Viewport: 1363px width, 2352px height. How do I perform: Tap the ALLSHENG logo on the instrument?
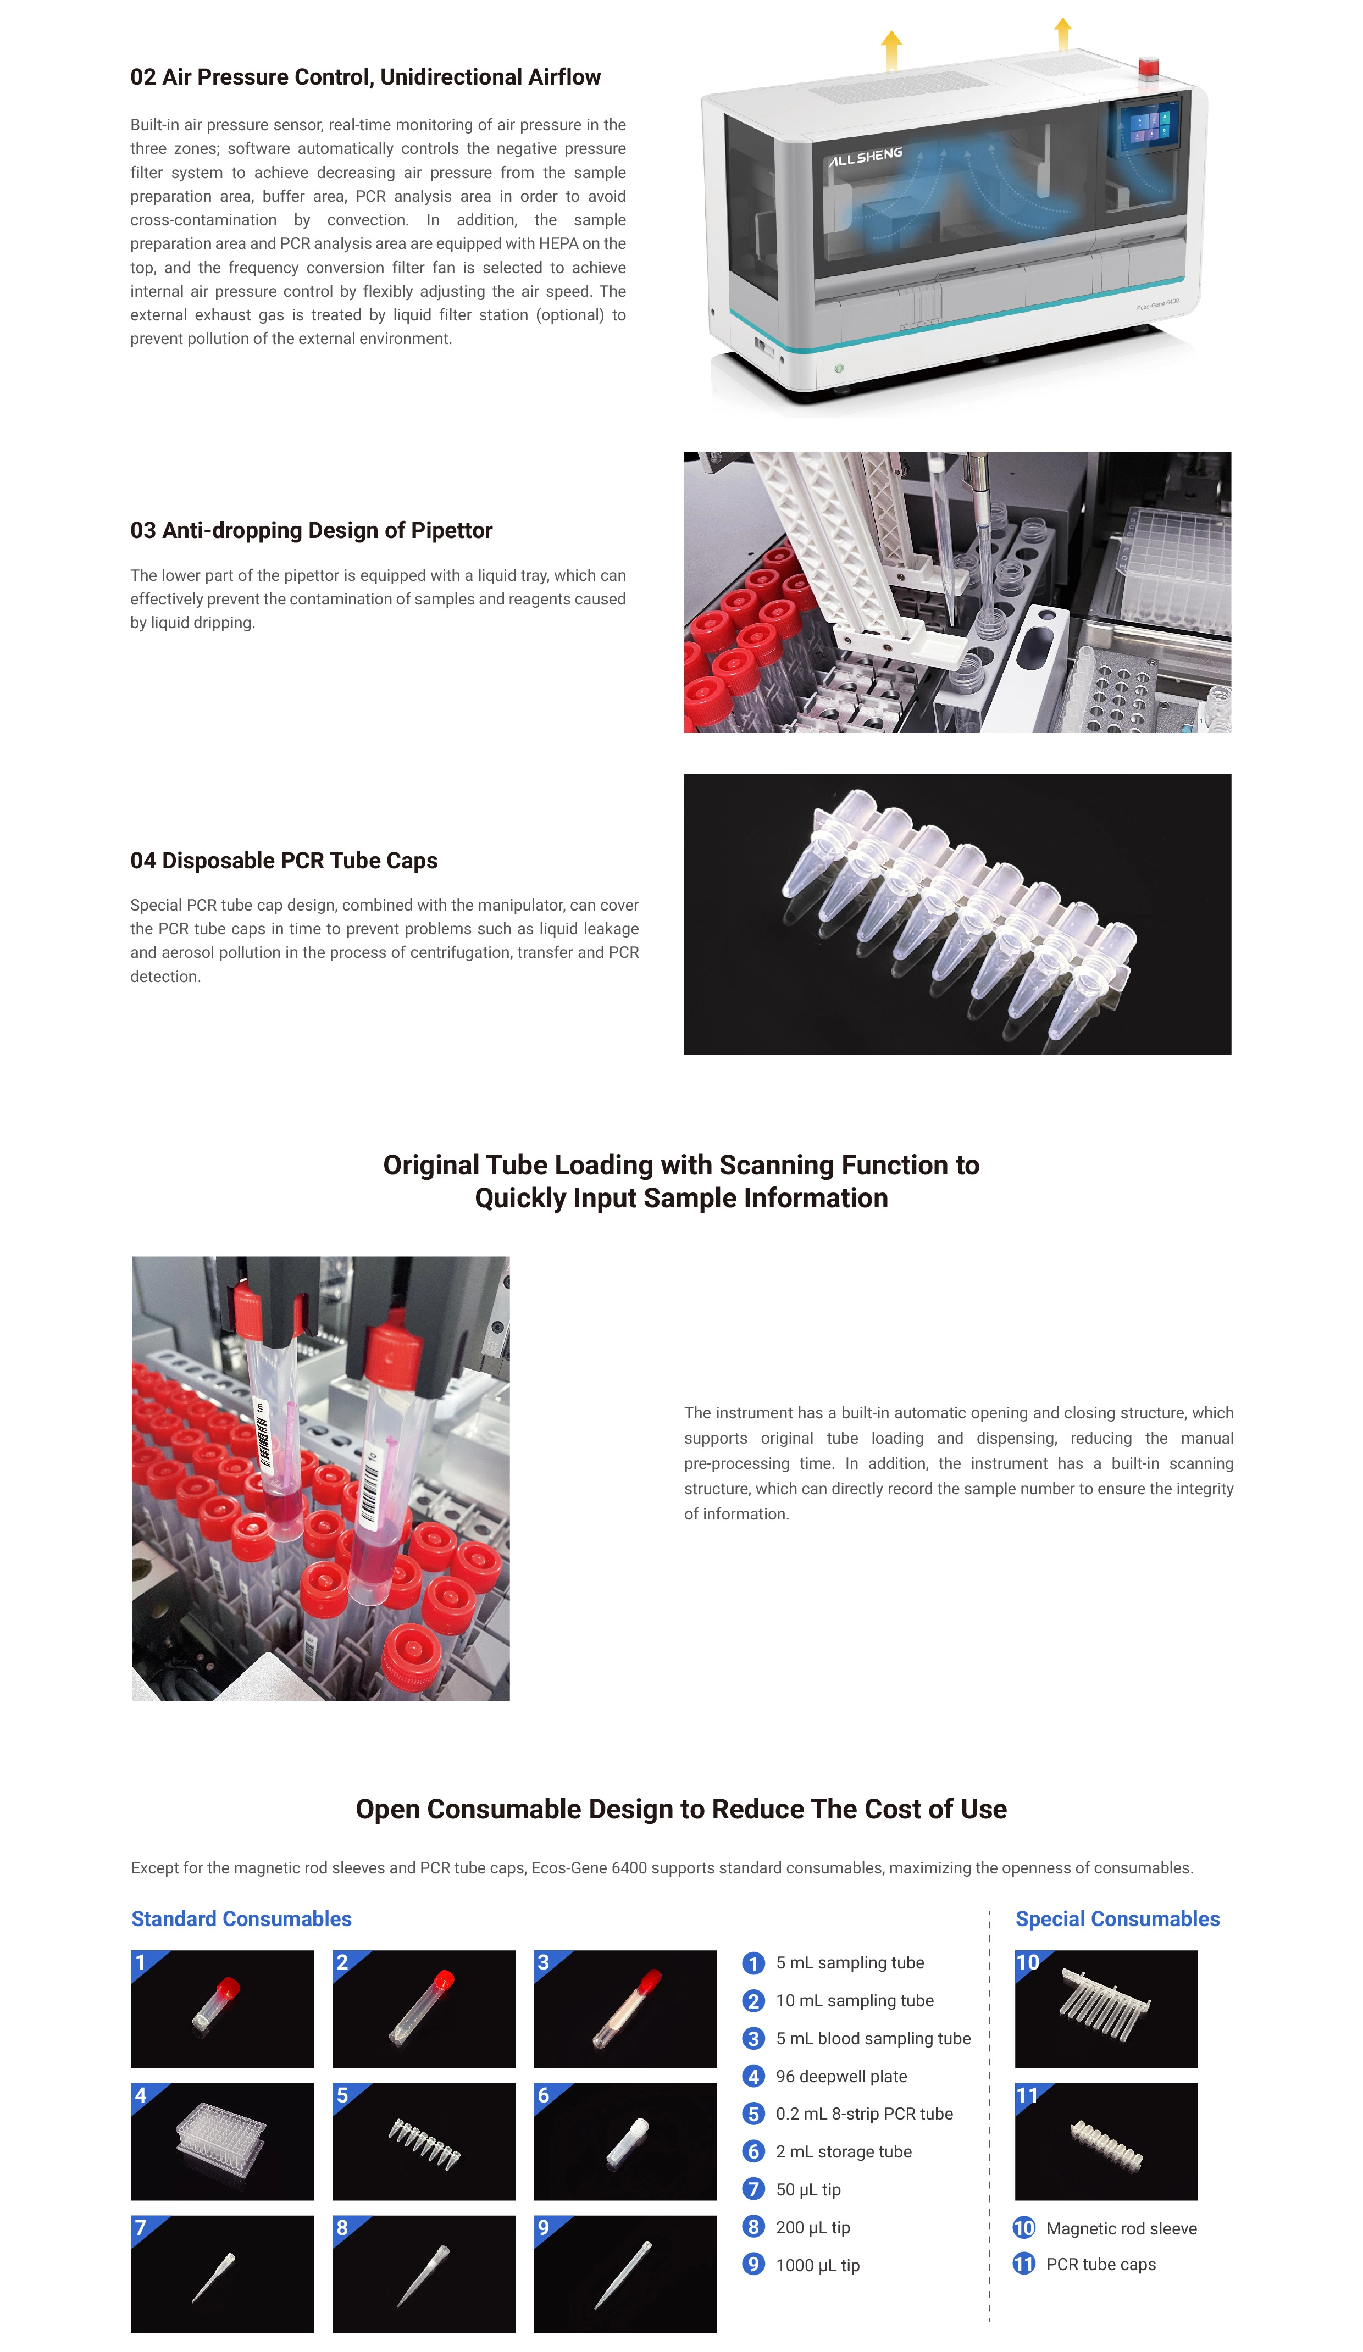[866, 156]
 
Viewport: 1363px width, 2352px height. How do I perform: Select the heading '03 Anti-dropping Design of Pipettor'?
[311, 530]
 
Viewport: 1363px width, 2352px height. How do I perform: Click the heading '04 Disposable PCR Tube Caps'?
[284, 861]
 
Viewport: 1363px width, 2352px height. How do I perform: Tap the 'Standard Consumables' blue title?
[241, 1919]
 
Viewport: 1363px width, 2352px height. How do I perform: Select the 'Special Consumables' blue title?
[1117, 1919]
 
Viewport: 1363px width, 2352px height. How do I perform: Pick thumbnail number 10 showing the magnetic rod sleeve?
[1106, 2009]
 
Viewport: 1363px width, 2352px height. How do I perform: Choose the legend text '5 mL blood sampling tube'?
[873, 2038]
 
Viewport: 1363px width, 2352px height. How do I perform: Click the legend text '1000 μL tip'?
[818, 2265]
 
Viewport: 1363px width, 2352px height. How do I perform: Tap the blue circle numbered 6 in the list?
[753, 2151]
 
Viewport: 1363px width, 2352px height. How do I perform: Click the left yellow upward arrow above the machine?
[891, 49]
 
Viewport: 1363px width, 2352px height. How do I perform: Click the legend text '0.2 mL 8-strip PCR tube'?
[865, 2114]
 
